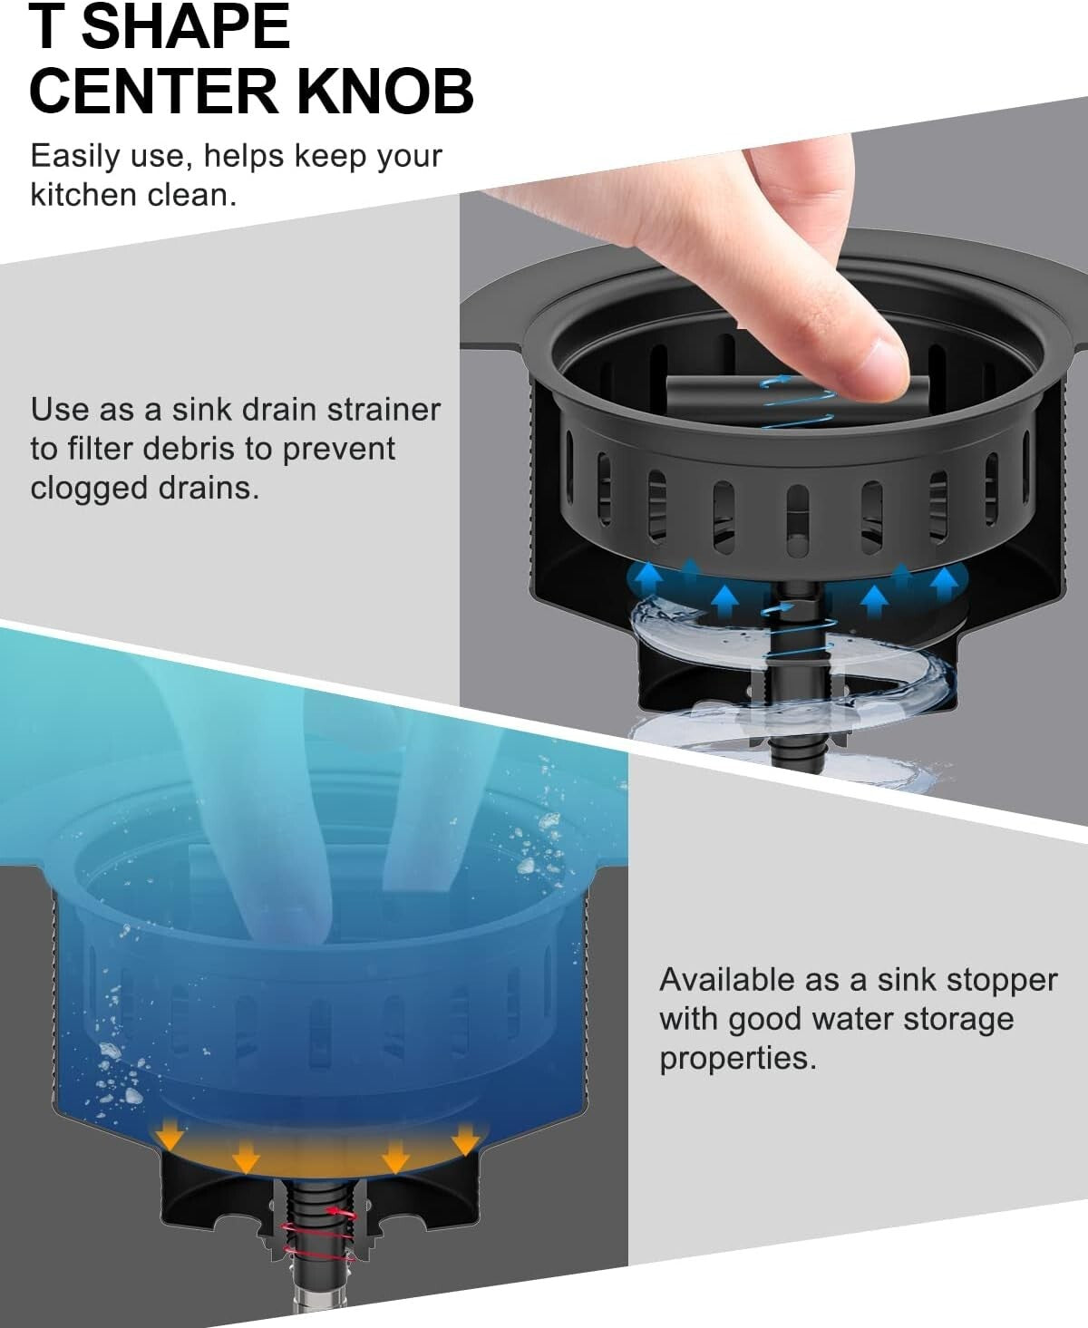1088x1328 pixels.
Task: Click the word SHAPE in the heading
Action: click(x=191, y=26)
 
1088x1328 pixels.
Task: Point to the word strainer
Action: click(x=384, y=410)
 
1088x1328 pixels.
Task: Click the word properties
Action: click(x=737, y=1058)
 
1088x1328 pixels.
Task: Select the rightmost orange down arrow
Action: click(x=466, y=1137)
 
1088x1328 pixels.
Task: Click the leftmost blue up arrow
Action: click(x=647, y=577)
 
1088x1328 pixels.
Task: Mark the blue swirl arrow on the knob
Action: click(x=798, y=394)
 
